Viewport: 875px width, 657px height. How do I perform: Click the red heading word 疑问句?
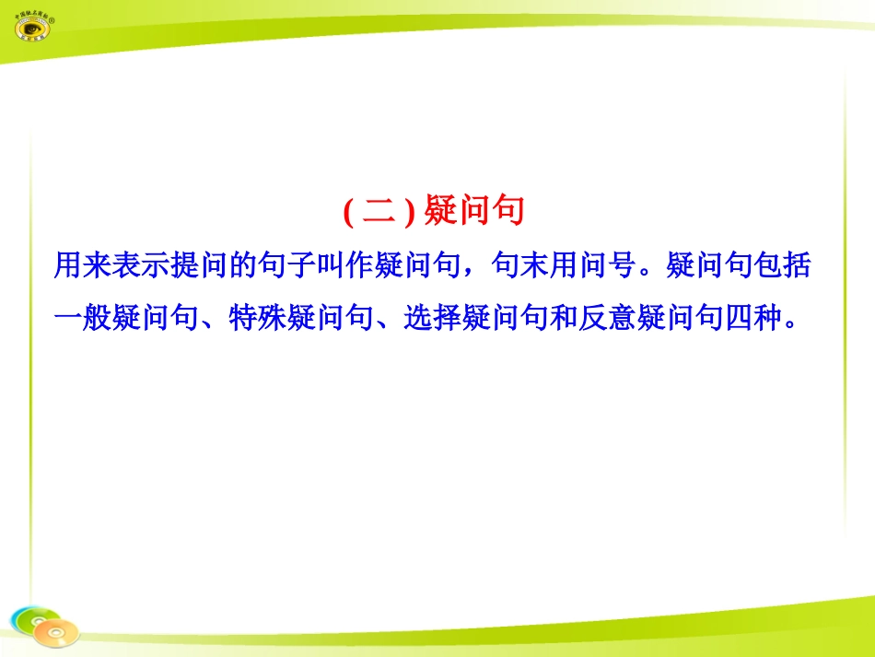(474, 212)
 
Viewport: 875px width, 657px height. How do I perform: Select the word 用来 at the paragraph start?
(82, 266)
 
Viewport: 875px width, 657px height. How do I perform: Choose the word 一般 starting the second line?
(82, 318)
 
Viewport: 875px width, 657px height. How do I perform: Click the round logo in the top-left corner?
(36, 23)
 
